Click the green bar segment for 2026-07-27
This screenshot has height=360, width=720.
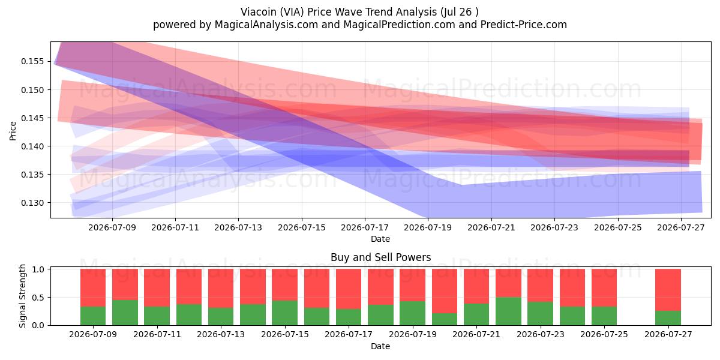click(668, 318)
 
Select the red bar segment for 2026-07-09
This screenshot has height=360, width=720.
click(93, 287)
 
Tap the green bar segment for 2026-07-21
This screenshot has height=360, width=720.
click(476, 314)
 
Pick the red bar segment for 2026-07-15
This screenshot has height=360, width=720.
click(285, 285)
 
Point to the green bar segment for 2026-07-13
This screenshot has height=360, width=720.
click(221, 317)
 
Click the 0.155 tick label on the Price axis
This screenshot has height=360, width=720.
click(32, 61)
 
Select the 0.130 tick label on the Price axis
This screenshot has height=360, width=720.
click(32, 203)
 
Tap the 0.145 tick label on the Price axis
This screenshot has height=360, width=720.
click(32, 118)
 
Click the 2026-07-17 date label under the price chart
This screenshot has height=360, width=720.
click(365, 227)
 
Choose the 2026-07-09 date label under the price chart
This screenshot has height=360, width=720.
click(112, 227)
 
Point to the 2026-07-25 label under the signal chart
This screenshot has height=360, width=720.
click(604, 335)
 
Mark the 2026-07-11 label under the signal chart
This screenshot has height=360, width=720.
click(157, 335)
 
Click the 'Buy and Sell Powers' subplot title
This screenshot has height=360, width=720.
click(380, 257)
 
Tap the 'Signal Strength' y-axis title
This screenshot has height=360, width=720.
click(22, 296)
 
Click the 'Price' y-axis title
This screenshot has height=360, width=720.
click(13, 131)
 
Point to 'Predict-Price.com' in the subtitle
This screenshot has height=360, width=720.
click(524, 25)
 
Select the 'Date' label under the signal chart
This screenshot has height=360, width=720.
click(380, 347)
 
